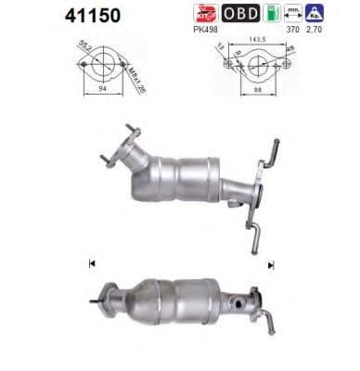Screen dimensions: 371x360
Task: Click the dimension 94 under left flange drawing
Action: click(x=103, y=94)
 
